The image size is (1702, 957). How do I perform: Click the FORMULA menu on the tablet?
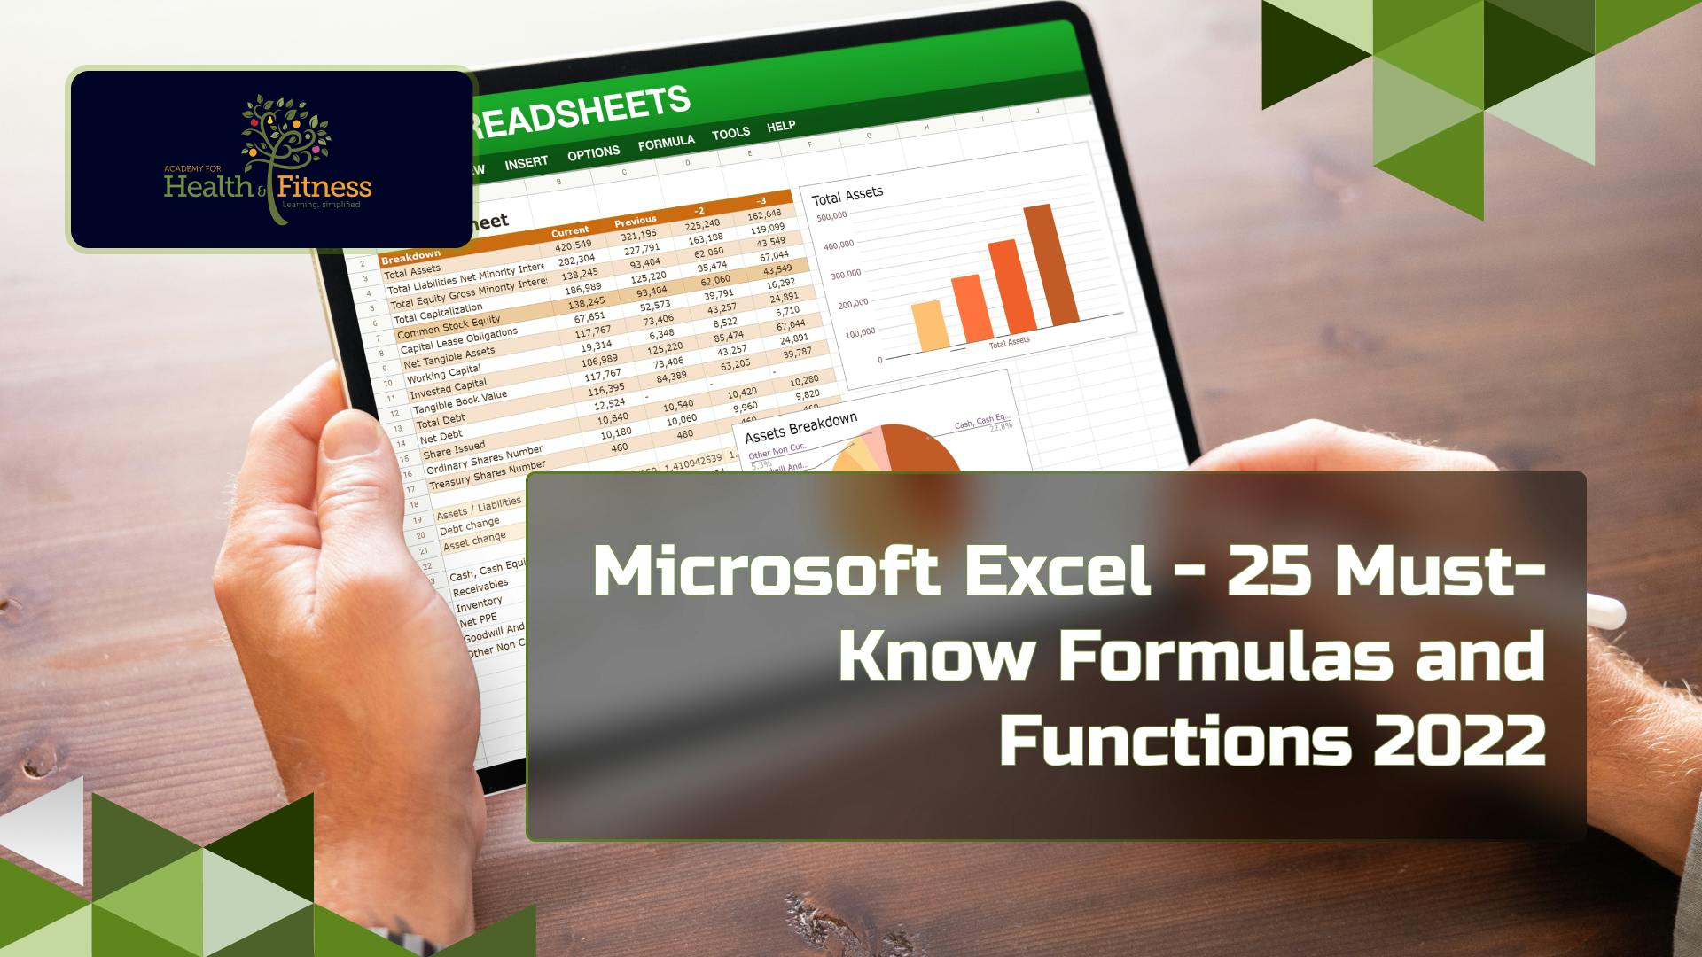666,143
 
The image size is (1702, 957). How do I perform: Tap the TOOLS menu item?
730,134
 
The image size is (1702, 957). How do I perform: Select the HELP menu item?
781,126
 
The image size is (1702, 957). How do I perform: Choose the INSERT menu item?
527,163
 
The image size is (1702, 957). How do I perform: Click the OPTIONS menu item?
593,153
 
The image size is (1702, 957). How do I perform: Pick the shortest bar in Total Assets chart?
930,325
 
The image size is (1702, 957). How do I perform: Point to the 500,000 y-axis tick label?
831,216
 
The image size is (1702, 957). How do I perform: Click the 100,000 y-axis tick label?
860,333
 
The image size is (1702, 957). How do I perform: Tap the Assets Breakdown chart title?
800,427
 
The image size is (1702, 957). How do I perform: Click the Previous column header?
635,220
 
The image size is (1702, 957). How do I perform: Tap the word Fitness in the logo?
324,187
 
